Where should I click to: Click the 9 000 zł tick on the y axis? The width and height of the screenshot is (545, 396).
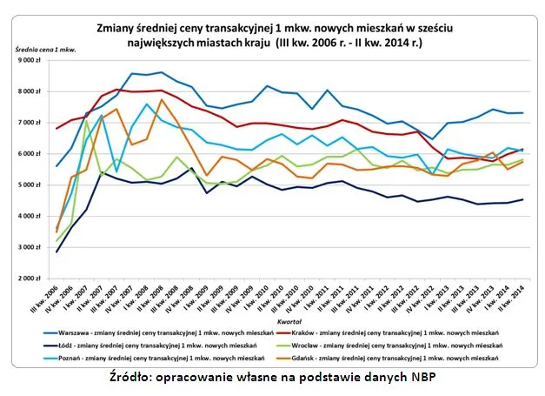28,60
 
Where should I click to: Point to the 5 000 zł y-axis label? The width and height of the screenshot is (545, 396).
28,185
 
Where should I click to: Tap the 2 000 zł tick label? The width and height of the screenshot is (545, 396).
28,279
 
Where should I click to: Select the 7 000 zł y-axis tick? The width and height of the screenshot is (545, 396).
28,123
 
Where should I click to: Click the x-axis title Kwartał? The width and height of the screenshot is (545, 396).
289,321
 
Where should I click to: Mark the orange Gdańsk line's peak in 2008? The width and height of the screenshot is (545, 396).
162,99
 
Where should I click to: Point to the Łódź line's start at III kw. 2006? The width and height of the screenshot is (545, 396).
57,252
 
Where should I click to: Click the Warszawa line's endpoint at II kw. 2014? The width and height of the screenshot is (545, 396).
521,113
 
